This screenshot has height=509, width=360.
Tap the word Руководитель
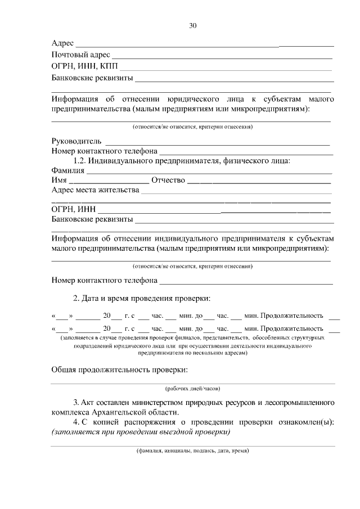click(76, 141)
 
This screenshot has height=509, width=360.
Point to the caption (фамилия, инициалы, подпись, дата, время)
click(192, 451)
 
